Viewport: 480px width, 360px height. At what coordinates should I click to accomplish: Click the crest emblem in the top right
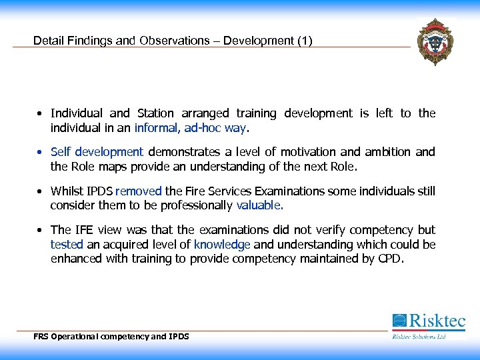tap(434, 41)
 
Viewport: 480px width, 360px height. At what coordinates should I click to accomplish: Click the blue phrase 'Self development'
tap(97, 152)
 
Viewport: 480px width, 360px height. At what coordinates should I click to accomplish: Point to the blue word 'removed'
tap(139, 191)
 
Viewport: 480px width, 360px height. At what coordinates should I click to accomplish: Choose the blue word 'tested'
tap(65, 245)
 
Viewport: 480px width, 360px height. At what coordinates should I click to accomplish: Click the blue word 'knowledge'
tap(222, 245)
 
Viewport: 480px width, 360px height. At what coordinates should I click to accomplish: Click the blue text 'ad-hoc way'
tap(217, 127)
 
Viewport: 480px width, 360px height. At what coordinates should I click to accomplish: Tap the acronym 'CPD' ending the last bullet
tap(389, 258)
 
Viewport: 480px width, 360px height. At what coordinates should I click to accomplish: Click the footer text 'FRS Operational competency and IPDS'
tap(111, 337)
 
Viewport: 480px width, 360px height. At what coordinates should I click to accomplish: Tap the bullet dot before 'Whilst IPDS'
tap(41, 191)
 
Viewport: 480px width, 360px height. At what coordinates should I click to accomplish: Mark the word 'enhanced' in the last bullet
tap(73, 258)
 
